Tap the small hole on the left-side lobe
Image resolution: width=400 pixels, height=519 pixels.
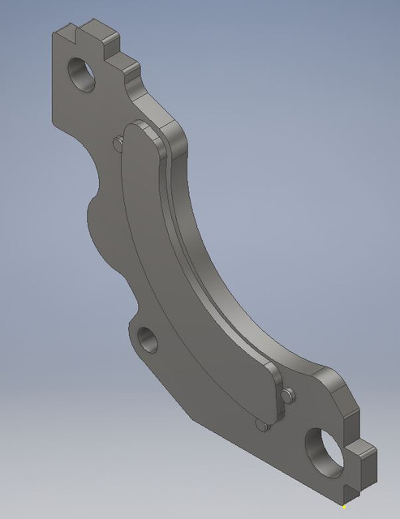tap(146, 339)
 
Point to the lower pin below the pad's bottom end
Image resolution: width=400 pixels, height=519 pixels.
tap(259, 424)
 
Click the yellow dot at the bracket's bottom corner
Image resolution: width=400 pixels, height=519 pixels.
tap(344, 508)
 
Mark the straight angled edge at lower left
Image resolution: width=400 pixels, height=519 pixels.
tap(162, 381)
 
